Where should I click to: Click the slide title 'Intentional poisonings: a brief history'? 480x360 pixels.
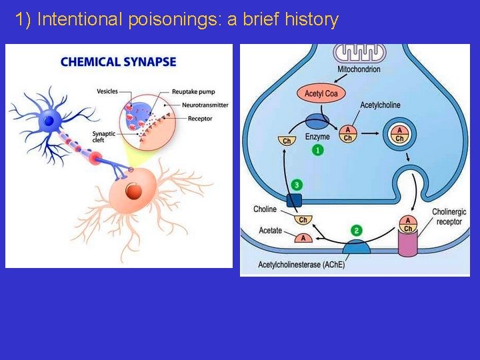[177, 20]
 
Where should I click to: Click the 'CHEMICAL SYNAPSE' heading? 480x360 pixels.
[118, 62]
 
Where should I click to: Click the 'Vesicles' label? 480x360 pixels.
[108, 91]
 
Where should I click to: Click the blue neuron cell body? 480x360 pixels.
[49, 120]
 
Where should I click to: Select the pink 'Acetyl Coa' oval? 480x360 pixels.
[321, 93]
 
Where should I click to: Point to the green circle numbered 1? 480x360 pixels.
[318, 151]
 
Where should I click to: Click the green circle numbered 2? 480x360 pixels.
[357, 231]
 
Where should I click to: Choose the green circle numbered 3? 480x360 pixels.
[297, 185]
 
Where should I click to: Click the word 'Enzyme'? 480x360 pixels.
[317, 137]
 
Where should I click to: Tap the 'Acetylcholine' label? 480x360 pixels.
[380, 105]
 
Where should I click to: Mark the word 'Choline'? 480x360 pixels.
[265, 209]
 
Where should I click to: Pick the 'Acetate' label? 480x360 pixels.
[270, 231]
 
